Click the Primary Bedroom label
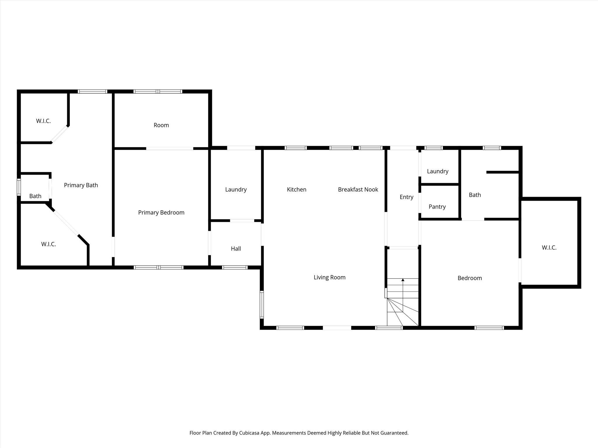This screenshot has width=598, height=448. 161,213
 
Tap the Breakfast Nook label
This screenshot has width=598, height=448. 358,190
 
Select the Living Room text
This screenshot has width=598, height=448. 329,277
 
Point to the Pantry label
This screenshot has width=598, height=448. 437,207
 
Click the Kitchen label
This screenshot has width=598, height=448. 296,190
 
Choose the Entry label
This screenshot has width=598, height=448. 406,197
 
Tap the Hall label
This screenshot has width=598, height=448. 236,249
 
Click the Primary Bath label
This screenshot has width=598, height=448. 81,185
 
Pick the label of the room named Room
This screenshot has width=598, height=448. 161,125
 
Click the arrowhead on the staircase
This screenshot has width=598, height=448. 403,280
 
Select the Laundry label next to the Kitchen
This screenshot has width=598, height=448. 236,190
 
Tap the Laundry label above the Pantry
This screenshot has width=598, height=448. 437,171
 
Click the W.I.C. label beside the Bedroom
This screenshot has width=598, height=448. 549,248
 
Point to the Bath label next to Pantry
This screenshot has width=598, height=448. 475,195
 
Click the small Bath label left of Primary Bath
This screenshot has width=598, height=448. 35,196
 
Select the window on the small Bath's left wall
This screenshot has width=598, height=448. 19,187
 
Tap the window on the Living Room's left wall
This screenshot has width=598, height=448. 262,304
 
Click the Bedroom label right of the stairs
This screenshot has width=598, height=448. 470,278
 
